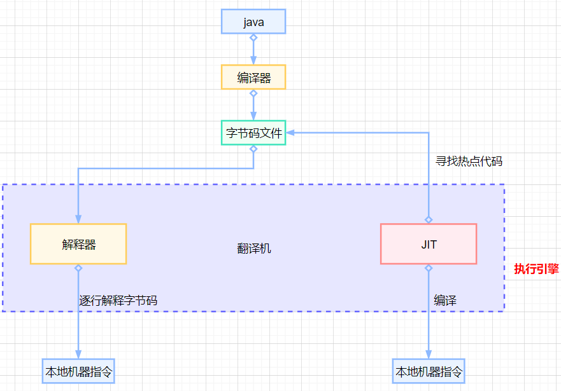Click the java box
pyautogui.click(x=253, y=22)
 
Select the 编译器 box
pyautogui.click(x=253, y=78)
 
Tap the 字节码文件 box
pyautogui.click(x=253, y=133)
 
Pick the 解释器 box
pyautogui.click(x=78, y=244)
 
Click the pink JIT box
pyautogui.click(x=429, y=244)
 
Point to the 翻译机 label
pyautogui.click(x=254, y=249)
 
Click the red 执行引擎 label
pyautogui.click(x=536, y=269)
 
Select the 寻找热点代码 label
pyautogui.click(x=469, y=161)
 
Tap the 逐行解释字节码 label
pyautogui.click(x=118, y=301)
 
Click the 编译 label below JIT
pyautogui.click(x=445, y=301)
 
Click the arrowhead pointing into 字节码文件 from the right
pyautogui.click(x=290, y=133)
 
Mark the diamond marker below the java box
pyautogui.click(x=253, y=38)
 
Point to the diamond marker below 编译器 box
pyautogui.click(x=253, y=93)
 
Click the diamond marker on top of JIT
pyautogui.click(x=429, y=219)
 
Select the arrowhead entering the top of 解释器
pyautogui.click(x=78, y=219)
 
